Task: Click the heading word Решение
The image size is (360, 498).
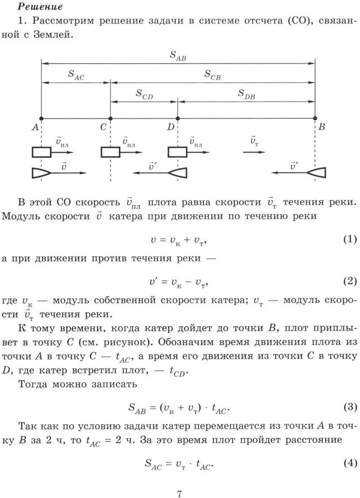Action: (x=40, y=7)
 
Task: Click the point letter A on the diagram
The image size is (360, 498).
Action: (x=35, y=127)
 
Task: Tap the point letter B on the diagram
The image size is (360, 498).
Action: (x=321, y=127)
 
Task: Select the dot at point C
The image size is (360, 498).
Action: (x=110, y=119)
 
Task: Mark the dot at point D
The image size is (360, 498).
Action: (x=177, y=119)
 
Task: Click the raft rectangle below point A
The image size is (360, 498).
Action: (x=41, y=152)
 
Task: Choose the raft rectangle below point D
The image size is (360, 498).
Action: (x=177, y=152)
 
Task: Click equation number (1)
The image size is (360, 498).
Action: (x=350, y=239)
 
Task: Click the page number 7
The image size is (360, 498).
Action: (x=179, y=493)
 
